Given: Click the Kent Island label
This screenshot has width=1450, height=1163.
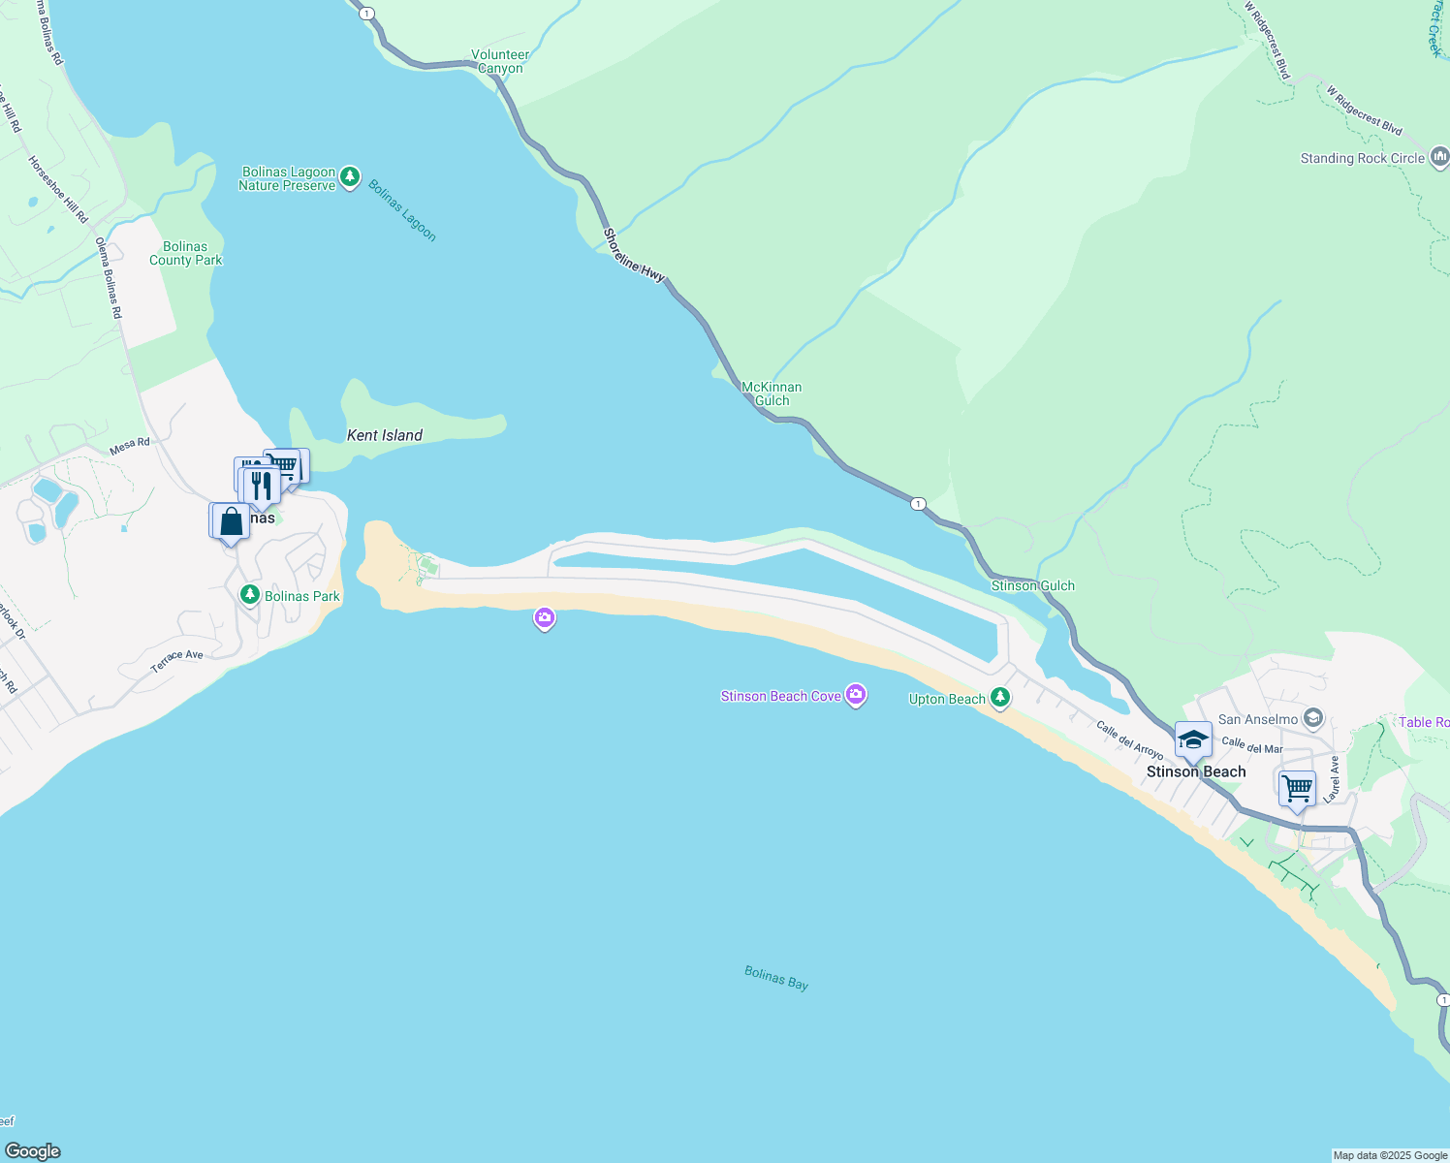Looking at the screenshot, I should tap(385, 435).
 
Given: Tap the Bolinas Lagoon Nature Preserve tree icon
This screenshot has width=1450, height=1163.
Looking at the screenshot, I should tap(350, 178).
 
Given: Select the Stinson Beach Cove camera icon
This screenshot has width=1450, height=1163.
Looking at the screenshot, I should tap(855, 695).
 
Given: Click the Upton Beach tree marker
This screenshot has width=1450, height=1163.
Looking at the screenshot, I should tap(999, 698).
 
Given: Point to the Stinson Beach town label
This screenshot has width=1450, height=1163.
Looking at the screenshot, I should tap(1196, 772).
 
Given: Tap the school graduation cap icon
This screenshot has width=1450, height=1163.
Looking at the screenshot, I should tap(1193, 740).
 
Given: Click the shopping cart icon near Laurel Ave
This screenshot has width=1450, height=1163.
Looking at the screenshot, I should tap(1297, 788).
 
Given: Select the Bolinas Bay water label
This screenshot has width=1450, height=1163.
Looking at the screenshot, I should tap(776, 978).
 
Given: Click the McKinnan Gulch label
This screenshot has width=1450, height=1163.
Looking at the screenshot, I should tap(772, 393).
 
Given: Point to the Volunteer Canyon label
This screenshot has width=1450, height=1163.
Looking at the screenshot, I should tap(500, 62).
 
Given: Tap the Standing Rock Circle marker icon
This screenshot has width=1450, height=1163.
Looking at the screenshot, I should tap(1439, 157).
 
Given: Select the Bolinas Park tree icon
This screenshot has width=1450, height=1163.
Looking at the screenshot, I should tap(250, 595).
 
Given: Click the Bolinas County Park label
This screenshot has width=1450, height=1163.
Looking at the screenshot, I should tap(185, 253).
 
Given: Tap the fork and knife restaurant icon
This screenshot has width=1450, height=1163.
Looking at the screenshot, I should tap(262, 484).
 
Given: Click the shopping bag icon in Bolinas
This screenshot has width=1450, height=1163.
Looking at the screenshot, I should tap(232, 521).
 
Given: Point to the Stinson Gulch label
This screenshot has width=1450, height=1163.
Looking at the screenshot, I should tap(1032, 585).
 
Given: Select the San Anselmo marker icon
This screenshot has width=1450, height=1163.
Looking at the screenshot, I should tap(1313, 718).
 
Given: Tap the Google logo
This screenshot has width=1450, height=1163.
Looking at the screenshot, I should tap(33, 1151).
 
